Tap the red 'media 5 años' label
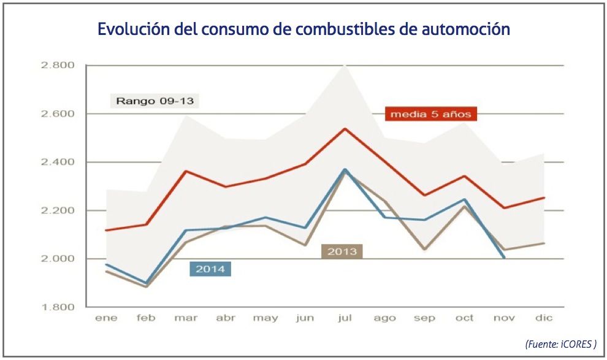(431, 114)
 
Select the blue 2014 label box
(210, 269)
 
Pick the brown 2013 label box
(342, 251)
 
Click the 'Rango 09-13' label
(155, 100)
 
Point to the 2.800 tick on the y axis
(57, 65)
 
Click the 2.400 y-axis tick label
(57, 162)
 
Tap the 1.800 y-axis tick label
(57, 307)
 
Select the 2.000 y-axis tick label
(57, 259)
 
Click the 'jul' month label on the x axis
(345, 318)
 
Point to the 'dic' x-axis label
(544, 318)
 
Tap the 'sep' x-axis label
(425, 318)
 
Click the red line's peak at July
(345, 129)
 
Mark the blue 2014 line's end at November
(505, 258)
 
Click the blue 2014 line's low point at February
(147, 283)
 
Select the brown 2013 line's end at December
(544, 243)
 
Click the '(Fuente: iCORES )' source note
(561, 343)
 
